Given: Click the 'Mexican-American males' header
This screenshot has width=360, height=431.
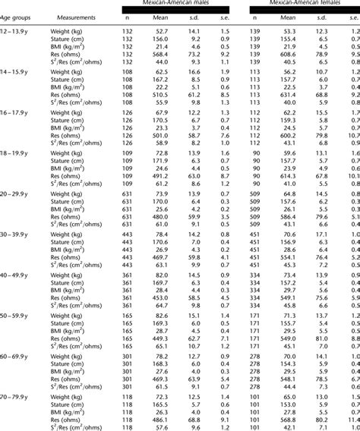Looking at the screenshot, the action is tap(182, 5).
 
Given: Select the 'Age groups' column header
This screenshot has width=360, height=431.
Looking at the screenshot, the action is tap(17, 15).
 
